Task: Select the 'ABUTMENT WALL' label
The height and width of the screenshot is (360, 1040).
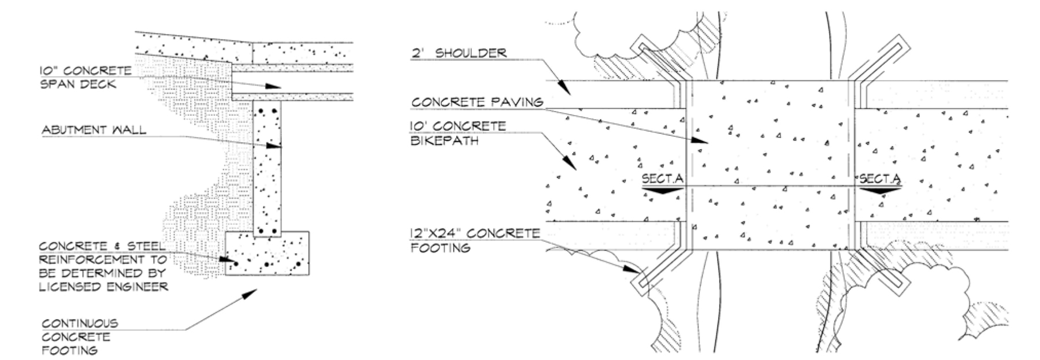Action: tap(94, 130)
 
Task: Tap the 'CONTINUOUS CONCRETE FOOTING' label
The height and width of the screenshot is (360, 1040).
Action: tap(80, 337)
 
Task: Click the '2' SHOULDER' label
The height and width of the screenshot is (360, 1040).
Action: tap(459, 53)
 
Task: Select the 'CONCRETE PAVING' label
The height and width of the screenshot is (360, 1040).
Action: tap(477, 102)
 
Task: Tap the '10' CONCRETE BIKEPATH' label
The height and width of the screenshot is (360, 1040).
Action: tap(459, 133)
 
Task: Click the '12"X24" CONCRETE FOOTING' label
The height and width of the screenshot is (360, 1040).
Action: tap(475, 240)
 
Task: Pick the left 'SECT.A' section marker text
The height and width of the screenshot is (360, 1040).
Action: tap(662, 180)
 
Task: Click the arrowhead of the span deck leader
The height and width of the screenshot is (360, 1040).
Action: tap(273, 87)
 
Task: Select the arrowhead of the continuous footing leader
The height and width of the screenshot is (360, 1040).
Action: tap(248, 294)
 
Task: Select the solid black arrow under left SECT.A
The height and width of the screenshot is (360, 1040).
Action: tap(662, 190)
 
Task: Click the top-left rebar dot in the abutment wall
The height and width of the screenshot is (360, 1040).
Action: tap(261, 111)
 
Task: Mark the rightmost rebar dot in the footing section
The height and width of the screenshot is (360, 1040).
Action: tap(298, 264)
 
